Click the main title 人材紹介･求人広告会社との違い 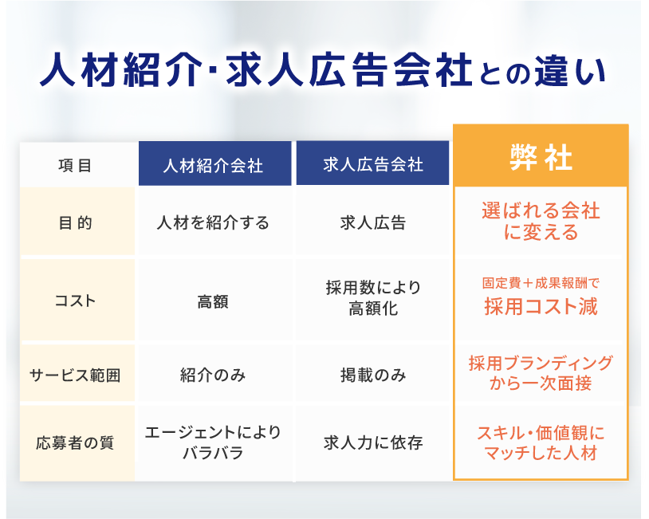[x=323, y=69]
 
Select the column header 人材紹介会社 [x=213, y=166]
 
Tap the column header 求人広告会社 [x=373, y=165]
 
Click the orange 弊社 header [x=541, y=158]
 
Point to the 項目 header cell [x=75, y=166]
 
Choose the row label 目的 [x=75, y=223]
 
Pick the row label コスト [x=75, y=301]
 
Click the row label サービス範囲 [x=75, y=375]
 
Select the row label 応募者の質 [x=75, y=442]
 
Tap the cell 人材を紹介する [x=213, y=223]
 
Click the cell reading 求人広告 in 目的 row [x=373, y=223]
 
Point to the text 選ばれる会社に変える [x=541, y=221]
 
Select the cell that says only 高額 [x=213, y=301]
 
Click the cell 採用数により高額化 [x=373, y=297]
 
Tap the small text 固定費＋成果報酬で [x=541, y=283]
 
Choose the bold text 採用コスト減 [x=541, y=307]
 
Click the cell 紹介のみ [x=213, y=375]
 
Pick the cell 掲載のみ [x=373, y=375]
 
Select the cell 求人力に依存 [x=373, y=442]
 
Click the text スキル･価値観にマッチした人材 [x=541, y=442]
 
